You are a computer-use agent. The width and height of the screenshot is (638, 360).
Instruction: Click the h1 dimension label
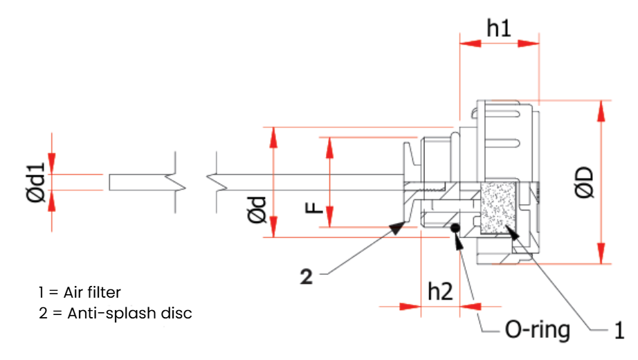(x=498, y=28)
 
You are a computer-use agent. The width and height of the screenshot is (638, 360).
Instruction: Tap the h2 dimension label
(x=440, y=291)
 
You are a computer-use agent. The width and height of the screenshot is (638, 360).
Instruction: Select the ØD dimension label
(x=585, y=183)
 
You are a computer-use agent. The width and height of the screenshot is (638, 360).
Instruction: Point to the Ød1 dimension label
(x=36, y=182)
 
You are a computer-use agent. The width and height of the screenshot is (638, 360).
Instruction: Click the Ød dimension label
(x=257, y=210)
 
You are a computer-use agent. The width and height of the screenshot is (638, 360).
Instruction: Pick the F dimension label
(x=313, y=208)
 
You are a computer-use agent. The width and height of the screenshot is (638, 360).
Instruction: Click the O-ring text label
(x=537, y=330)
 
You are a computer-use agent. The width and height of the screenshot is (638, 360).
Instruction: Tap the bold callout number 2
(x=307, y=277)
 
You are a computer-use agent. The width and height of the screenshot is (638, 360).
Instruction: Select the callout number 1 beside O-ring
(x=619, y=330)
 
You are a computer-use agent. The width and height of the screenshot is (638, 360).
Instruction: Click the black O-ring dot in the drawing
(x=455, y=228)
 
